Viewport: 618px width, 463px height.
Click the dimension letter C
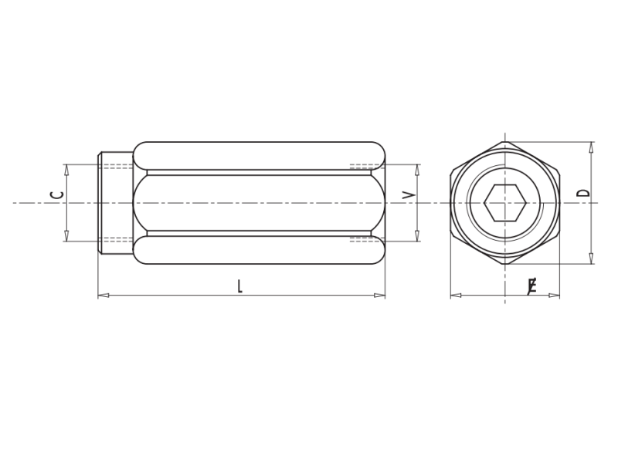click(56, 194)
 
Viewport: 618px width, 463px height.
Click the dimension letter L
click(239, 286)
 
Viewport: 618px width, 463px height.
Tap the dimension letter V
click(409, 194)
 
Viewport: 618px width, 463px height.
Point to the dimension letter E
click(531, 287)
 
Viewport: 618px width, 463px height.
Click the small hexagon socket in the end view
click(505, 203)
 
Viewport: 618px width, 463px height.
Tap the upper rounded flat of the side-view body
click(259, 155)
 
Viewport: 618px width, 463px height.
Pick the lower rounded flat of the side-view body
click(259, 250)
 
